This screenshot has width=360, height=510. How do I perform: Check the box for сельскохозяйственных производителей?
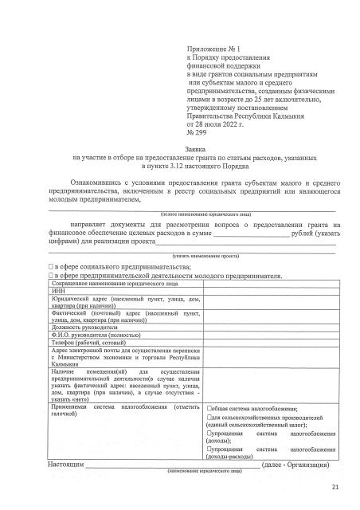[209, 418]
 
